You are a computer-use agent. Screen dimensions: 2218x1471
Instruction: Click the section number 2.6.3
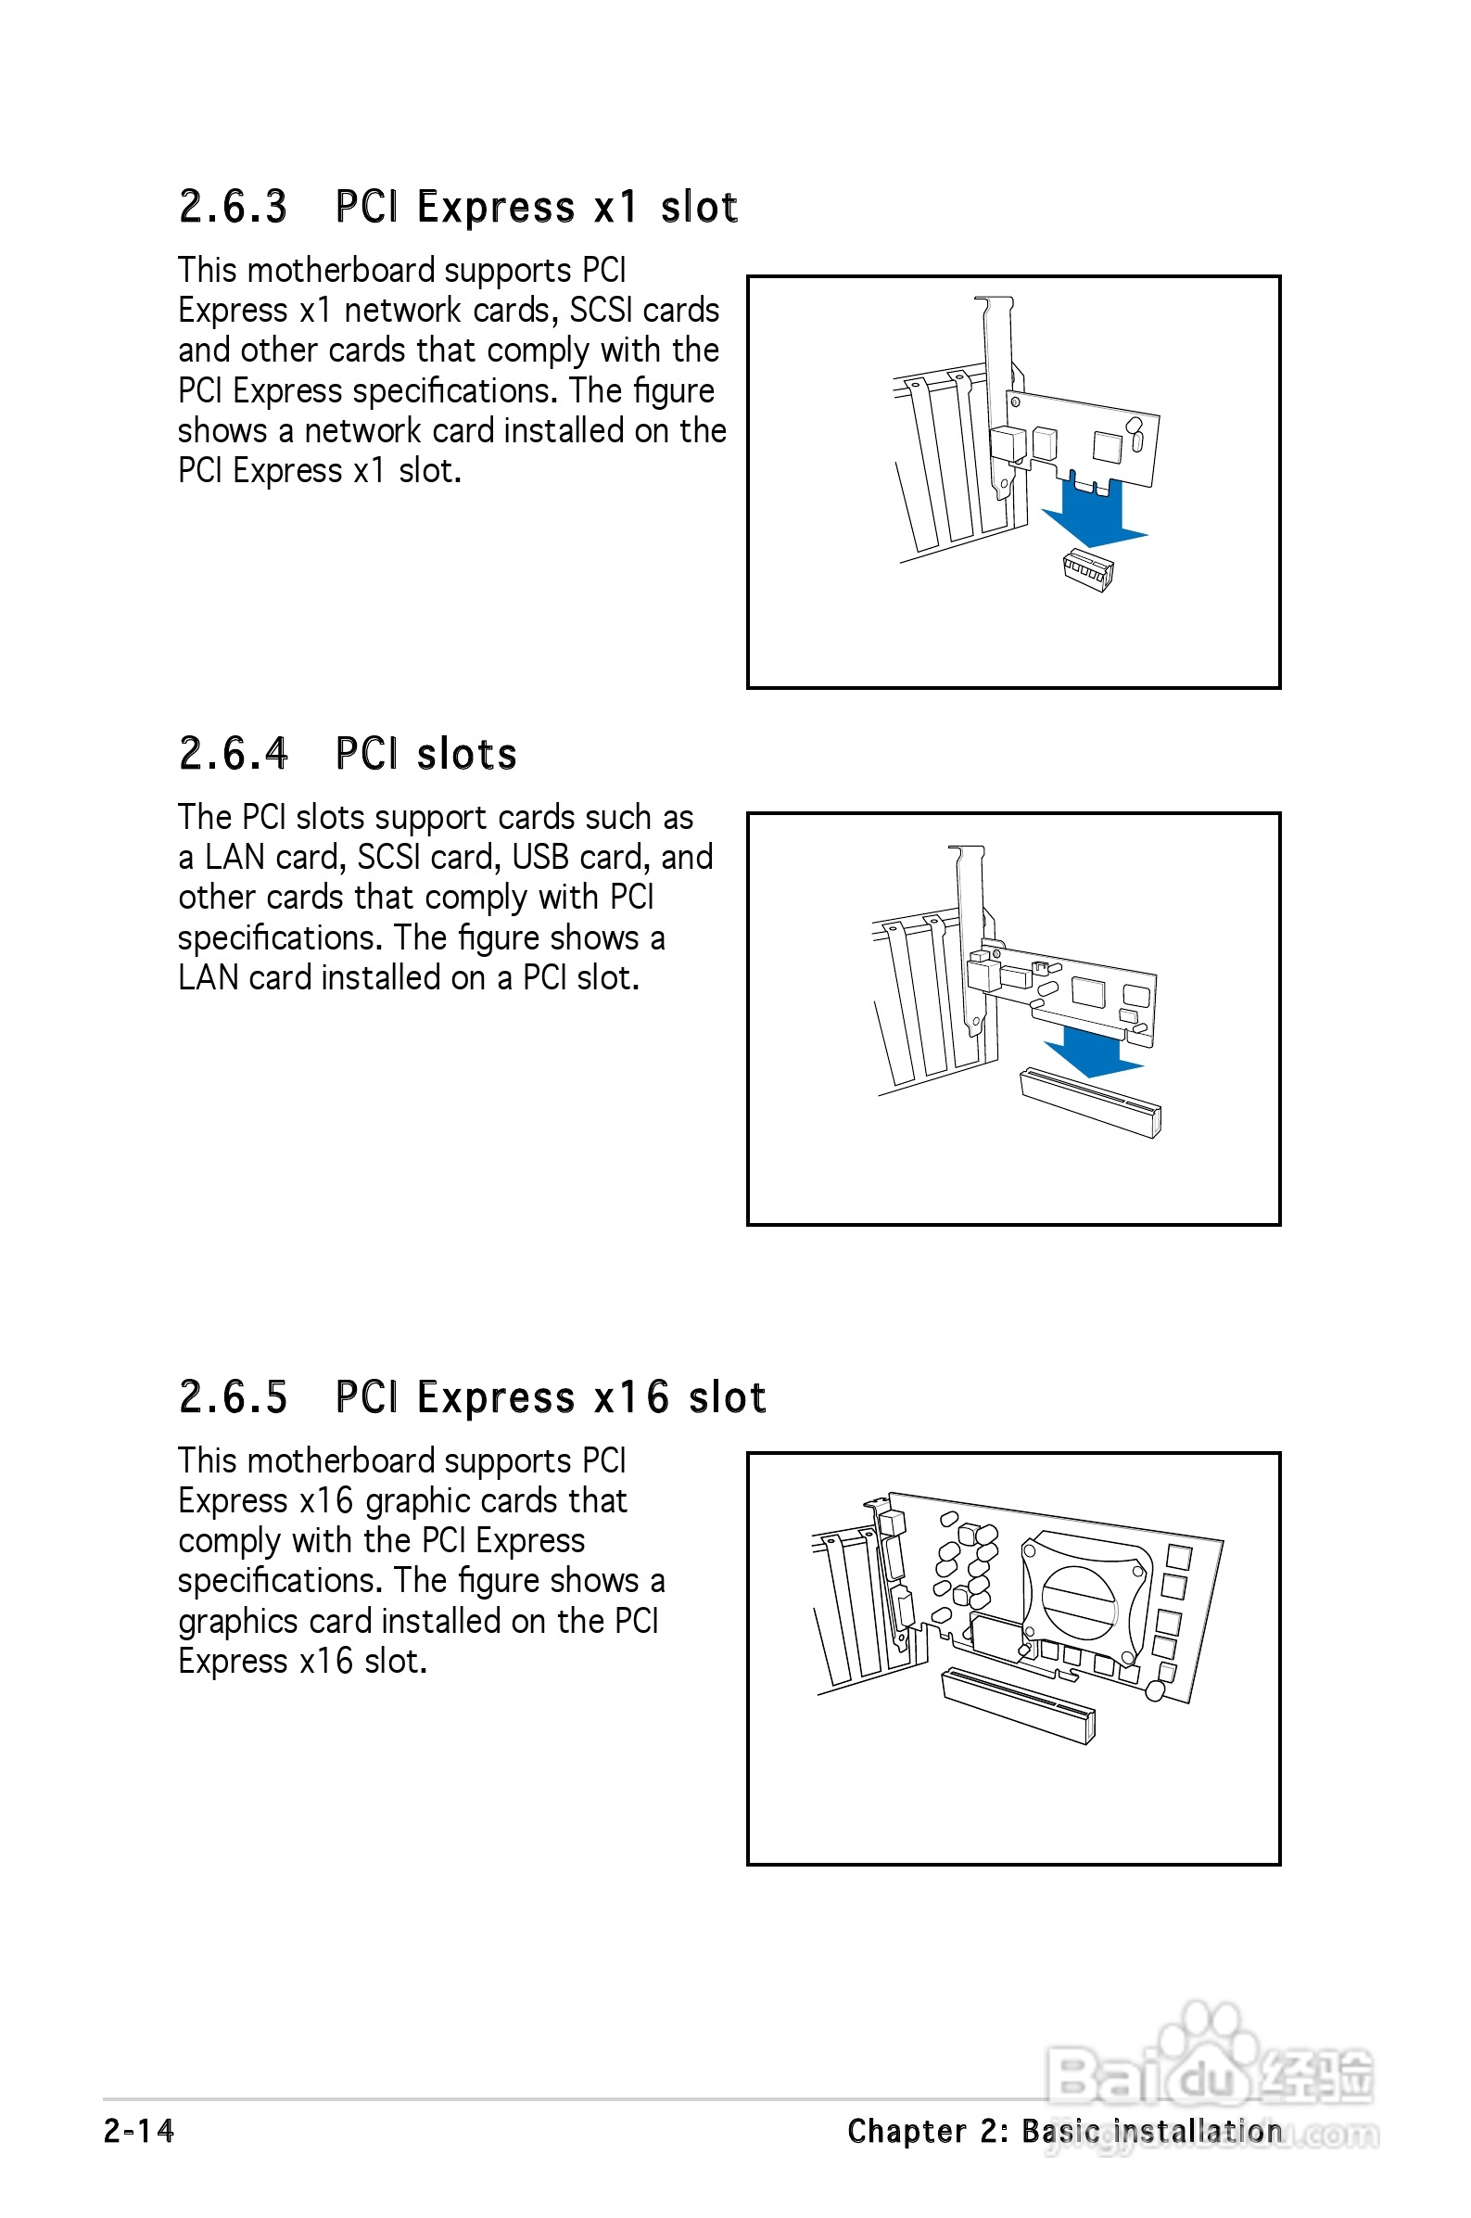pos(233,208)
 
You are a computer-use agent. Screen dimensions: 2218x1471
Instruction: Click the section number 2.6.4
pos(233,755)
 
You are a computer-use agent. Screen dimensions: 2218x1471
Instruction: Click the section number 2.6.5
pos(233,1397)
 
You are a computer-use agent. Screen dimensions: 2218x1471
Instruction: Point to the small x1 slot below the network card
pos(1088,569)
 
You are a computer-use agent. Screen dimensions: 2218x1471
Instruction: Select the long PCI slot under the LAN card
pos(1090,1103)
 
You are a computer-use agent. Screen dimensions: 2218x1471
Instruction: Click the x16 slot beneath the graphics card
pos(1019,1705)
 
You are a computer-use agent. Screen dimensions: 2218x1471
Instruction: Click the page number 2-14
pos(139,2132)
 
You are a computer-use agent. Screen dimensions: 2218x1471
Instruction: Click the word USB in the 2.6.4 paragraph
pos(540,858)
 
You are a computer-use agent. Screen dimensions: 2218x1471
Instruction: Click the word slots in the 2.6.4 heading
pos(466,755)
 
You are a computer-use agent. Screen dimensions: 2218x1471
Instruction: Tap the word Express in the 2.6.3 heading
pos(495,208)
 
